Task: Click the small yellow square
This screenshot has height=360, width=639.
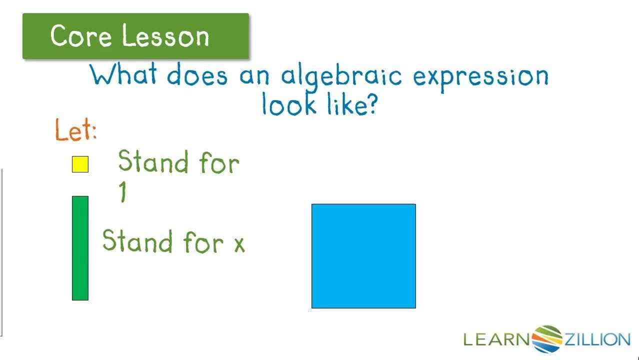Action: pos(80,164)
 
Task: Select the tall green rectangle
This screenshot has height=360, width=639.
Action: pos(80,248)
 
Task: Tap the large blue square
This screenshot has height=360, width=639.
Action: pos(363,256)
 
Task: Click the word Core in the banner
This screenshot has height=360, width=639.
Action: pos(82,36)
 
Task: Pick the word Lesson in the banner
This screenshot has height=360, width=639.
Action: pos(165,36)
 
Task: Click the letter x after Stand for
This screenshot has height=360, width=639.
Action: pos(239,244)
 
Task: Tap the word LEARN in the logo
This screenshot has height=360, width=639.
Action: pos(496,339)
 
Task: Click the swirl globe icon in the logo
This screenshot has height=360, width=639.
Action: pos(547,338)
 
